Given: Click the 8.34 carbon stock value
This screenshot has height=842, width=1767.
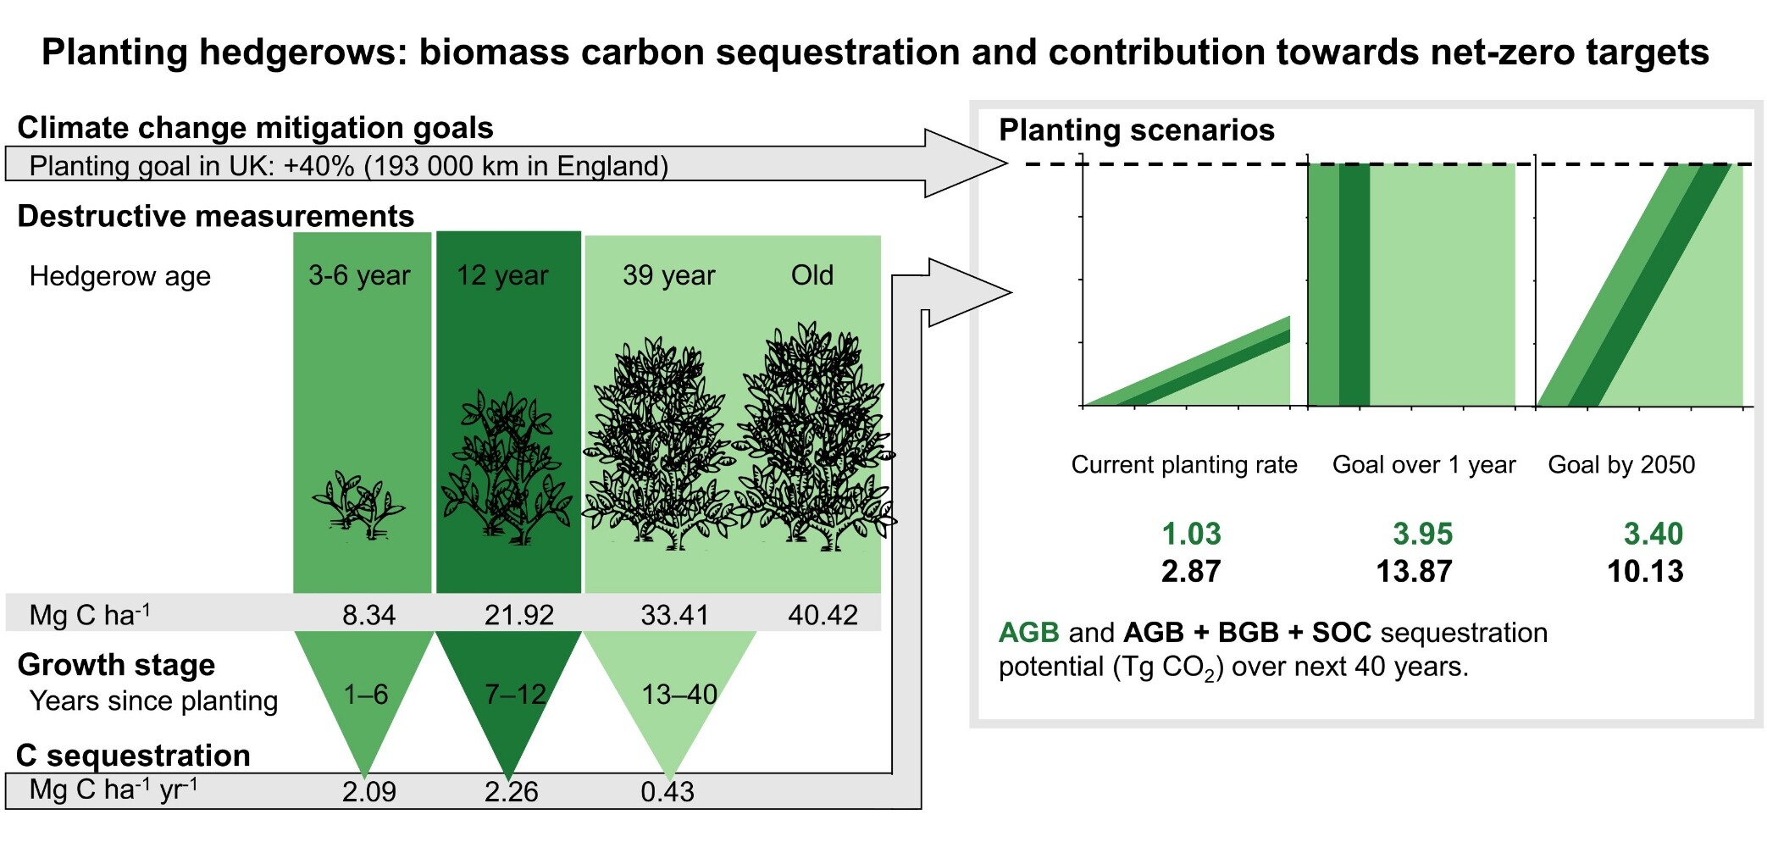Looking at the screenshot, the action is click(368, 615).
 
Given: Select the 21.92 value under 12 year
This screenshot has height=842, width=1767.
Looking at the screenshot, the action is click(518, 615).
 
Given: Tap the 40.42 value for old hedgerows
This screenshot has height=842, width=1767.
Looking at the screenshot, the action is click(823, 615).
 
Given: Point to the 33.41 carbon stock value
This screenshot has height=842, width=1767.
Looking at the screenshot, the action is click(674, 615).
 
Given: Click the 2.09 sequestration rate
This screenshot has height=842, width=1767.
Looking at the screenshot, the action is click(368, 792).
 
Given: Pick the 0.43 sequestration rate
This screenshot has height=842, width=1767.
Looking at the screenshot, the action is click(667, 792).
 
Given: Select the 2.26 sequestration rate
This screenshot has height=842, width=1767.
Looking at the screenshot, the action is click(512, 792).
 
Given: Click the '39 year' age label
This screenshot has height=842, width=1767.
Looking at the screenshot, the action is click(669, 275).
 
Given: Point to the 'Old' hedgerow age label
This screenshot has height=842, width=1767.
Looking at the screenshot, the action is click(812, 275).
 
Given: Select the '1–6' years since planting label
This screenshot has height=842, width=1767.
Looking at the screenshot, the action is click(365, 695).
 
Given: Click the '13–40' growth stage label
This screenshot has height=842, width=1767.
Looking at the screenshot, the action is click(679, 695).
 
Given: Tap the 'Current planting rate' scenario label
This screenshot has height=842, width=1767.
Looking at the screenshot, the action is click(1184, 465).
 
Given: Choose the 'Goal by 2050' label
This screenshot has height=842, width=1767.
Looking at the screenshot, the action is click(1621, 465).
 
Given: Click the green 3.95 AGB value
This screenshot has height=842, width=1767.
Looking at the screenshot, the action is click(1423, 535).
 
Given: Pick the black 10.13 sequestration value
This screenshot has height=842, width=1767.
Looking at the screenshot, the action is click(1645, 572).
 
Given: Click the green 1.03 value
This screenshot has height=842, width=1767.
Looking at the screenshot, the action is click(1191, 535).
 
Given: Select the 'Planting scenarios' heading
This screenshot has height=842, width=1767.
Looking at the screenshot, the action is click(1137, 130).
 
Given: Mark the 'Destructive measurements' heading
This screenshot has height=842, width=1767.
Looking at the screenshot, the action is click(216, 216).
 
